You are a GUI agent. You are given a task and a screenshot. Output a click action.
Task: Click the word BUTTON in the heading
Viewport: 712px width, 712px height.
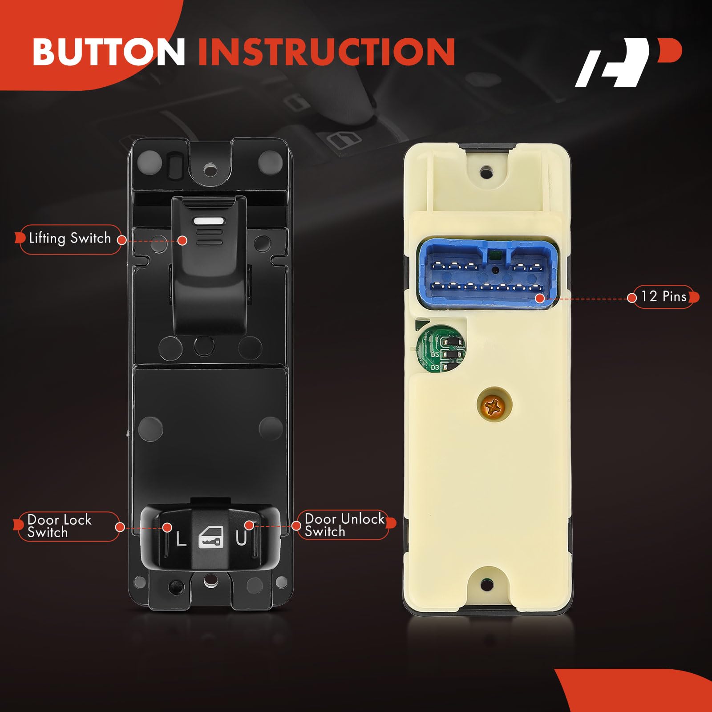pyautogui.click(x=109, y=52)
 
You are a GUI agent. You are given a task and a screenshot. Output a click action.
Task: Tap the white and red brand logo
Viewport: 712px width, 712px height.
pyautogui.click(x=628, y=62)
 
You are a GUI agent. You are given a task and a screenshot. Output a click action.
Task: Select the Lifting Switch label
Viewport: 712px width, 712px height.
pyautogui.click(x=70, y=239)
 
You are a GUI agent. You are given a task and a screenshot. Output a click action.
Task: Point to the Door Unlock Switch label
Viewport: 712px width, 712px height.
pyautogui.click(x=344, y=525)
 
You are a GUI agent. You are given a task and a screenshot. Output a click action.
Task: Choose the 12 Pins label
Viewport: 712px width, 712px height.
pyautogui.click(x=663, y=296)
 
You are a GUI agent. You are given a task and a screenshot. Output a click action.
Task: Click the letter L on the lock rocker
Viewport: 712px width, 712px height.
pyautogui.click(x=181, y=539)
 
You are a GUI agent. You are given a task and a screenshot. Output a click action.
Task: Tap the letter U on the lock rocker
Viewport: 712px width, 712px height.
pyautogui.click(x=241, y=538)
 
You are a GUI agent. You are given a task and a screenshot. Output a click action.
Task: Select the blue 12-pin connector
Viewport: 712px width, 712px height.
pyautogui.click(x=485, y=272)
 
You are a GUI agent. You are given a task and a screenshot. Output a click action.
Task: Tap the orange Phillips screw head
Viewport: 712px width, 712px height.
pyautogui.click(x=494, y=405)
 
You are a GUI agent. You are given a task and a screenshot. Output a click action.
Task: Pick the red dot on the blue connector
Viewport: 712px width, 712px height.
pyautogui.click(x=539, y=298)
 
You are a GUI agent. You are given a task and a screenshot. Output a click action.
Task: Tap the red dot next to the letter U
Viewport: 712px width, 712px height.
pyautogui.click(x=249, y=526)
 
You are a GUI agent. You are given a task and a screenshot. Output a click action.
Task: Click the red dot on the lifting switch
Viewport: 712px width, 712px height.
pyautogui.click(x=182, y=240)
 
